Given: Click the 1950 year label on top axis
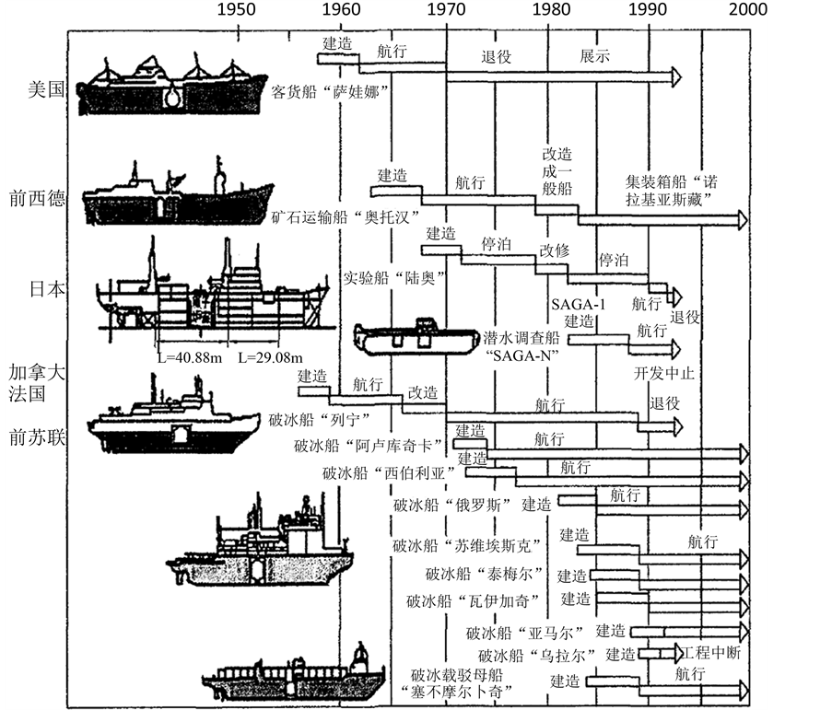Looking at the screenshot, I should [x=236, y=10].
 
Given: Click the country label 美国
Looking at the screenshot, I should [x=46, y=91].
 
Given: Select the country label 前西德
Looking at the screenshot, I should [x=40, y=199].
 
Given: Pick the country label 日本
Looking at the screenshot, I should [x=46, y=288].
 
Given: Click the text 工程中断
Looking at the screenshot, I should [x=711, y=652].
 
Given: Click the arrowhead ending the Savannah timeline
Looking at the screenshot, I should [x=677, y=75].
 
